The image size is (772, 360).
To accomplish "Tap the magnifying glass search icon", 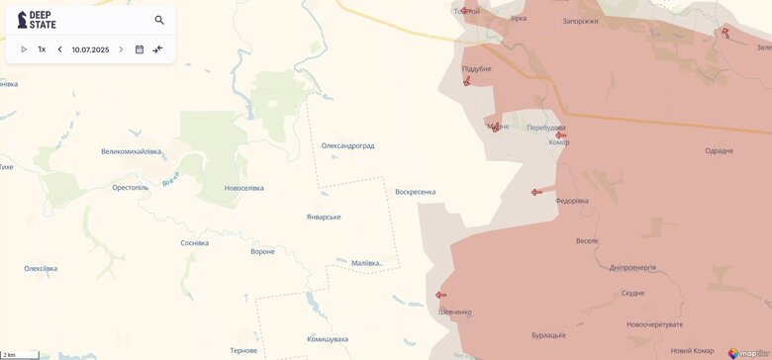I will coord(159,20).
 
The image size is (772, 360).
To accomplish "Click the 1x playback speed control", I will coord(42,49).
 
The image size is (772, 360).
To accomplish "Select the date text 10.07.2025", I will coord(90,49).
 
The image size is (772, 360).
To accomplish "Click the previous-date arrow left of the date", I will coord(59,49).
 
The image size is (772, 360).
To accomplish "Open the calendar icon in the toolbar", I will coord(140,49).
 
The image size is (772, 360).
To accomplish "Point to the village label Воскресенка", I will coord(415,192).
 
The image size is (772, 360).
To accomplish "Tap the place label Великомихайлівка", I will coord(131,151).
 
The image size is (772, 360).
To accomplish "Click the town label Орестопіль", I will coord(131,187).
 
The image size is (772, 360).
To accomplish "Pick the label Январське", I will coord(324,217).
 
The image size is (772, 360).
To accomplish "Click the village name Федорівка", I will coord(572,201).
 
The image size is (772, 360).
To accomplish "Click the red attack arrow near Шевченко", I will coord(440,295).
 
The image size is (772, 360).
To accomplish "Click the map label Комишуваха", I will coord(328,339).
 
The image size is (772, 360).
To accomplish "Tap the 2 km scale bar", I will coord(20,355).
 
